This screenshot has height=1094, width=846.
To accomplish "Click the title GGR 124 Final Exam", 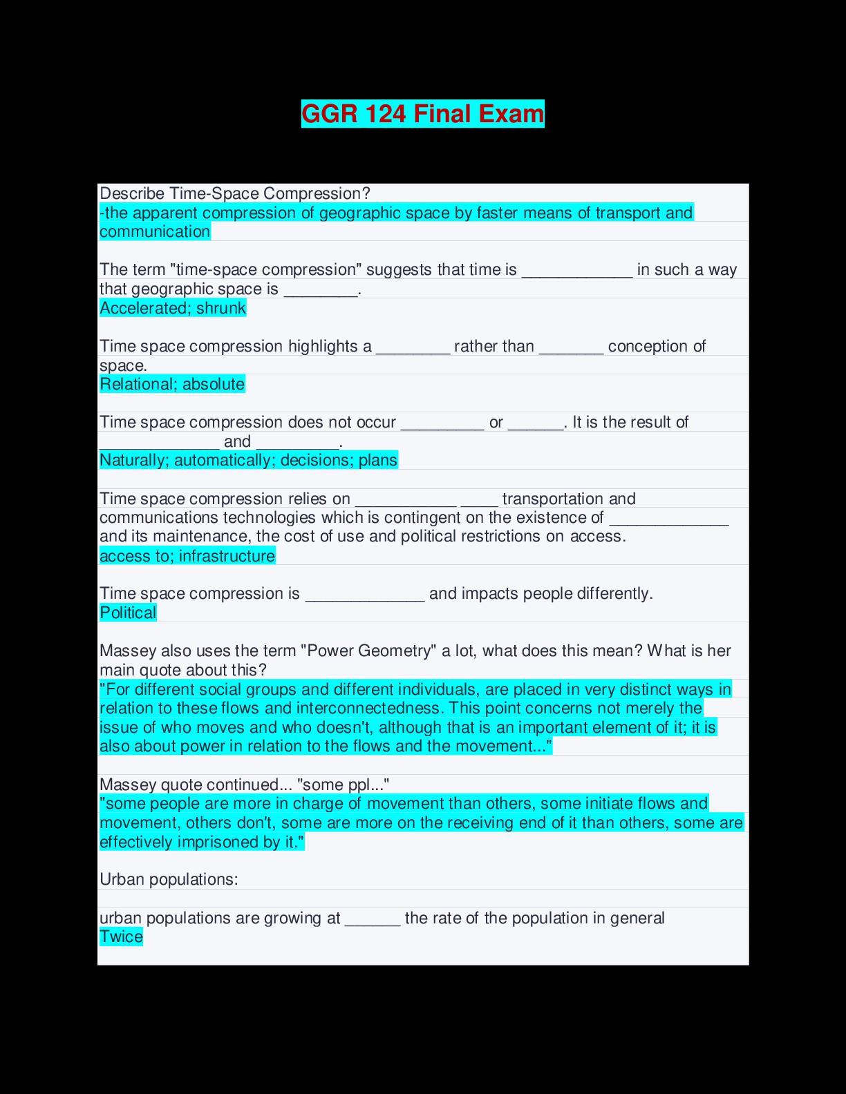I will click(x=422, y=114).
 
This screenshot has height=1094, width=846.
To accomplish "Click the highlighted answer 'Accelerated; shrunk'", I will click(x=173, y=308).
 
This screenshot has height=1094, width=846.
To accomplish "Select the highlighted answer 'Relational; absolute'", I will click(x=172, y=384).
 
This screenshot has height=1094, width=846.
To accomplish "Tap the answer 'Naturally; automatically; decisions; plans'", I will click(x=248, y=460).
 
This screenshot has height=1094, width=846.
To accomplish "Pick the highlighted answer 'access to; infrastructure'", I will click(x=187, y=556).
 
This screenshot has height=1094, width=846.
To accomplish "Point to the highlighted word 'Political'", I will click(x=128, y=613).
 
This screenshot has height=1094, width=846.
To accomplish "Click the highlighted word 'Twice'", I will click(x=121, y=937).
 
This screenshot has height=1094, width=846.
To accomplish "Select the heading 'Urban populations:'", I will click(x=169, y=879).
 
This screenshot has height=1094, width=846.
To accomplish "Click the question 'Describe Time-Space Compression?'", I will click(x=235, y=193).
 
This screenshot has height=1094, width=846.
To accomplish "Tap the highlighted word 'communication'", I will click(x=155, y=231).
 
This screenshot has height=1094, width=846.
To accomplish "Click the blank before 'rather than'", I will click(x=413, y=347).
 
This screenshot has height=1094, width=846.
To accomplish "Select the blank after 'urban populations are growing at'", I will click(x=373, y=919).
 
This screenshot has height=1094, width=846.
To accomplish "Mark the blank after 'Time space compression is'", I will click(x=365, y=595).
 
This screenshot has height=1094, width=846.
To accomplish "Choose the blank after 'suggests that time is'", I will click(x=576, y=271).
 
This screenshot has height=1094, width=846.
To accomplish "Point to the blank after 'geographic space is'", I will click(x=321, y=290).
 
